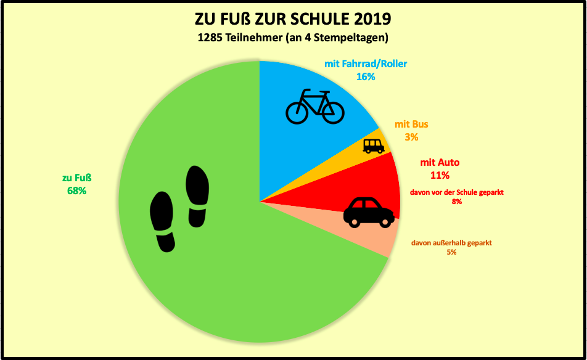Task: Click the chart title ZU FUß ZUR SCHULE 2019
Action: click(292, 18)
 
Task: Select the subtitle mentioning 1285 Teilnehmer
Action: click(292, 38)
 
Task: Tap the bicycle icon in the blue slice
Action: click(314, 106)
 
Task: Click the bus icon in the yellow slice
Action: click(374, 145)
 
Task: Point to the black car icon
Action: click(368, 212)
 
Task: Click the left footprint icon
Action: click(163, 221)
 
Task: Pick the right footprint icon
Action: click(198, 195)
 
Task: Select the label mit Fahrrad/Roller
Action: click(366, 63)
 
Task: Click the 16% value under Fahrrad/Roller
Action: click(366, 76)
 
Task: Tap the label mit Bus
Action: click(411, 124)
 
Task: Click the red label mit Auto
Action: click(440, 163)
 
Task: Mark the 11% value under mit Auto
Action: click(440, 175)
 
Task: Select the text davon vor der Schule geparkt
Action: click(457, 192)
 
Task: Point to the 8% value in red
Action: click(457, 202)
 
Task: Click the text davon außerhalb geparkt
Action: click(451, 243)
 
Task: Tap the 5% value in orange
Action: click(451, 252)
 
